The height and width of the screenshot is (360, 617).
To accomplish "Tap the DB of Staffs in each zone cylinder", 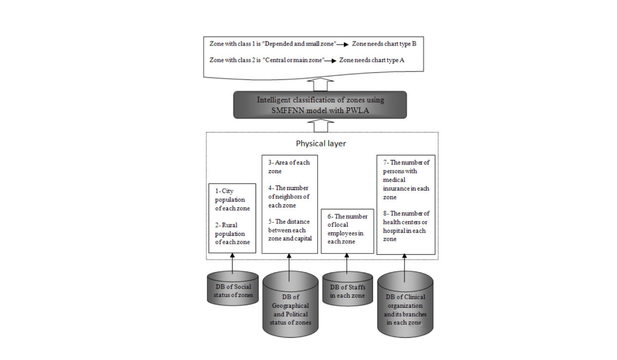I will click(347, 291).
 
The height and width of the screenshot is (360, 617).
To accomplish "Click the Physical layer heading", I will click(321, 143).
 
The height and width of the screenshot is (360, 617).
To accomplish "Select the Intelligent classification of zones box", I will click(320, 105).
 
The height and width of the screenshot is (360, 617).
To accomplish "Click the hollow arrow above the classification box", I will click(320, 84).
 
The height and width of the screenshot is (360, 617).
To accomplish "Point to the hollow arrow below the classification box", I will click(320, 126).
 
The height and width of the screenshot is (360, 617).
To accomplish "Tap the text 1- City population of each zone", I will click(232, 200).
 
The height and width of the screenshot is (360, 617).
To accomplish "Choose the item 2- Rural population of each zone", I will click(232, 234).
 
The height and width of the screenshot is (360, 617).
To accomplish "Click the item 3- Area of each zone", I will click(289, 167).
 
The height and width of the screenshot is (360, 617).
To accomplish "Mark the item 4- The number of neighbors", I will click(288, 197).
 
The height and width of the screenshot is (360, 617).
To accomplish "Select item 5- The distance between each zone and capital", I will click(290, 230).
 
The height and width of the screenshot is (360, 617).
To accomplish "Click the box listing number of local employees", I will click(347, 229).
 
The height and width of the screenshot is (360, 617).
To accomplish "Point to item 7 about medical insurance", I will click(406, 180).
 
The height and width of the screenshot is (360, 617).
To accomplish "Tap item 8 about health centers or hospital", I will click(406, 226).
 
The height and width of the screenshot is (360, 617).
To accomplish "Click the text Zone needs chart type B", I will click(384, 44).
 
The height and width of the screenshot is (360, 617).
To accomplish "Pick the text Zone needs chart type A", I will click(372, 60).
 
